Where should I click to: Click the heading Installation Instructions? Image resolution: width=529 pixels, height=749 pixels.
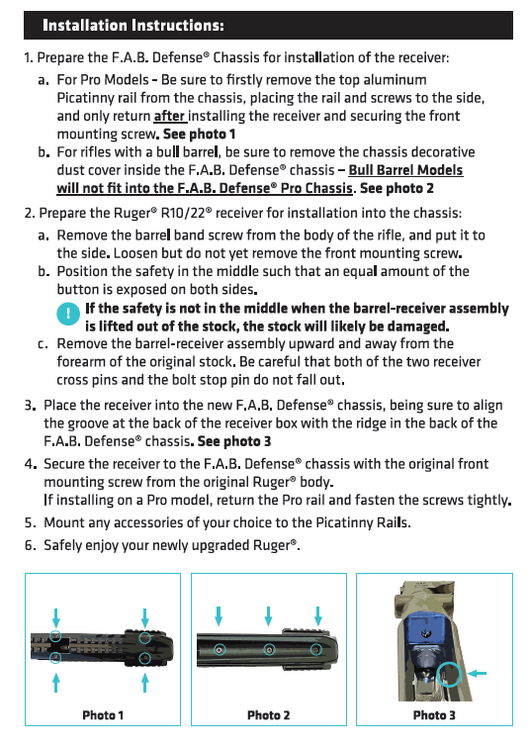click(x=133, y=25)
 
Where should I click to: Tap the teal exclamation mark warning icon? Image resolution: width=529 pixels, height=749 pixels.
click(x=68, y=314)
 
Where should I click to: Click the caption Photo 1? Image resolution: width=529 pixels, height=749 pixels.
click(x=103, y=715)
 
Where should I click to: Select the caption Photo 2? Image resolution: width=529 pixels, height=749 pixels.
click(x=268, y=715)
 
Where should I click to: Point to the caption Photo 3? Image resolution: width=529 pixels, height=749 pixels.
click(x=434, y=715)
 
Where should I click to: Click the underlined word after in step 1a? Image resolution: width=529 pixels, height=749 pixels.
click(x=169, y=116)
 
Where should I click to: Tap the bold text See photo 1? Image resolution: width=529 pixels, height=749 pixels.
click(x=199, y=135)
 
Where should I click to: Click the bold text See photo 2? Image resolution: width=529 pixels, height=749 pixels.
click(x=397, y=188)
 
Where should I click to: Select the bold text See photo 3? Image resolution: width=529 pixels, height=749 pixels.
click(x=234, y=441)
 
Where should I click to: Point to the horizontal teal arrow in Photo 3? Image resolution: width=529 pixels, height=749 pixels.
click(x=477, y=674)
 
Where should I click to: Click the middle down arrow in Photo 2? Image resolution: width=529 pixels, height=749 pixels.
click(x=268, y=616)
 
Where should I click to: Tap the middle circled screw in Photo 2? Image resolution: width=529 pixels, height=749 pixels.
click(x=269, y=650)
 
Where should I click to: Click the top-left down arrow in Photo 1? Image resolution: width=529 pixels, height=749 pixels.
click(x=55, y=617)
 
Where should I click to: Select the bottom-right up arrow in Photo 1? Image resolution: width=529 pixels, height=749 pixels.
click(x=145, y=683)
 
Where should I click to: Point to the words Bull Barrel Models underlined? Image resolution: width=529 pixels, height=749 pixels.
click(x=405, y=170)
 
